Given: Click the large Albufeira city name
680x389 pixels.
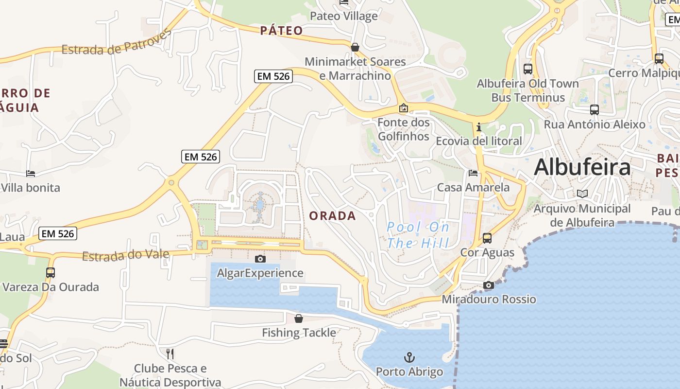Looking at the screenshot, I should click(582, 167).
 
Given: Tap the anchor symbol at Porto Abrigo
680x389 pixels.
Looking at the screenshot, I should click(409, 358).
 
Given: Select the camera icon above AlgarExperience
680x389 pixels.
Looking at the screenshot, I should click(260, 259).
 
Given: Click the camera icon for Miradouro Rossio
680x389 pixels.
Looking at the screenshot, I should click(489, 285).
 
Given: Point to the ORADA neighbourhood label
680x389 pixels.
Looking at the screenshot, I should click(333, 216).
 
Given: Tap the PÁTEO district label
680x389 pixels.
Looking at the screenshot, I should click(281, 31).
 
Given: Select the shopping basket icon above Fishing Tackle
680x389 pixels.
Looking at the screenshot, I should click(299, 318).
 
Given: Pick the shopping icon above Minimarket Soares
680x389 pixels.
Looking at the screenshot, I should click(355, 47).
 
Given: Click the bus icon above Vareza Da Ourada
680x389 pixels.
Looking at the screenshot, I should click(51, 273).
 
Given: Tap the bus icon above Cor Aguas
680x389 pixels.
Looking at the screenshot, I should click(487, 238).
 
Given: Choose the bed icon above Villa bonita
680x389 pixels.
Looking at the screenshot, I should click(30, 174).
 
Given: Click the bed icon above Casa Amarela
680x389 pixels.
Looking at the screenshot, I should click(473, 173).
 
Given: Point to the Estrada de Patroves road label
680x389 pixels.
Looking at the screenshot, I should click(117, 42).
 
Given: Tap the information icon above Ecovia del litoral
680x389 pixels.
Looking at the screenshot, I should click(479, 127).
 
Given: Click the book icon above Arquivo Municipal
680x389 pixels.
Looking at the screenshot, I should click(582, 194).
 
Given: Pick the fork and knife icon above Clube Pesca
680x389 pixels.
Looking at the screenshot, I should click(170, 354).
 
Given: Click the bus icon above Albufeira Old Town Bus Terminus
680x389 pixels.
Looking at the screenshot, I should click(528, 69).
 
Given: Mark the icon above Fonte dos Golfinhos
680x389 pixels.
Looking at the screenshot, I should click(403, 108).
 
